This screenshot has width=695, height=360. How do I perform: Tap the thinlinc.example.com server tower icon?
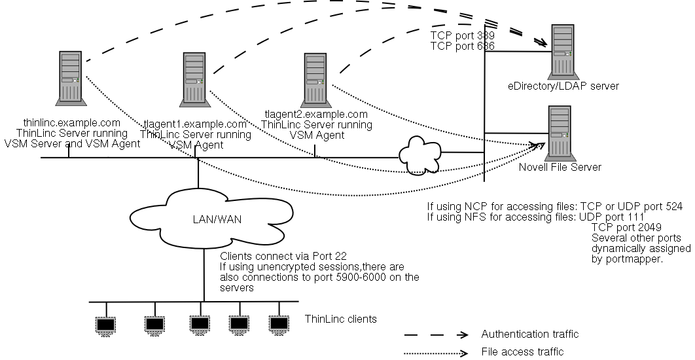click(x=70, y=78)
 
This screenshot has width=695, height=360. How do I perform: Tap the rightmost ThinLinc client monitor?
click(x=279, y=323)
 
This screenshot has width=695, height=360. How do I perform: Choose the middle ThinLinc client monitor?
click(x=199, y=323)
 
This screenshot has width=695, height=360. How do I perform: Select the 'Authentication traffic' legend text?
click(x=529, y=334)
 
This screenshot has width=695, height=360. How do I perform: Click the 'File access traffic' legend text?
click(x=522, y=351)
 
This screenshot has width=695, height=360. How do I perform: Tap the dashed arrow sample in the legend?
click(x=435, y=334)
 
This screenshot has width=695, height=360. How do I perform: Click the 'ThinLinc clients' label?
click(x=340, y=319)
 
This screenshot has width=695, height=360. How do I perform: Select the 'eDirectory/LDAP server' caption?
click(x=563, y=86)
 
